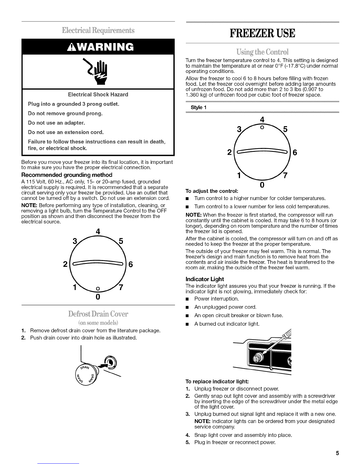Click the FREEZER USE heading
tap(262, 33)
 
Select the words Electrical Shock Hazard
tap(98, 94)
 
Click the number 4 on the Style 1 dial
tap(262, 120)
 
